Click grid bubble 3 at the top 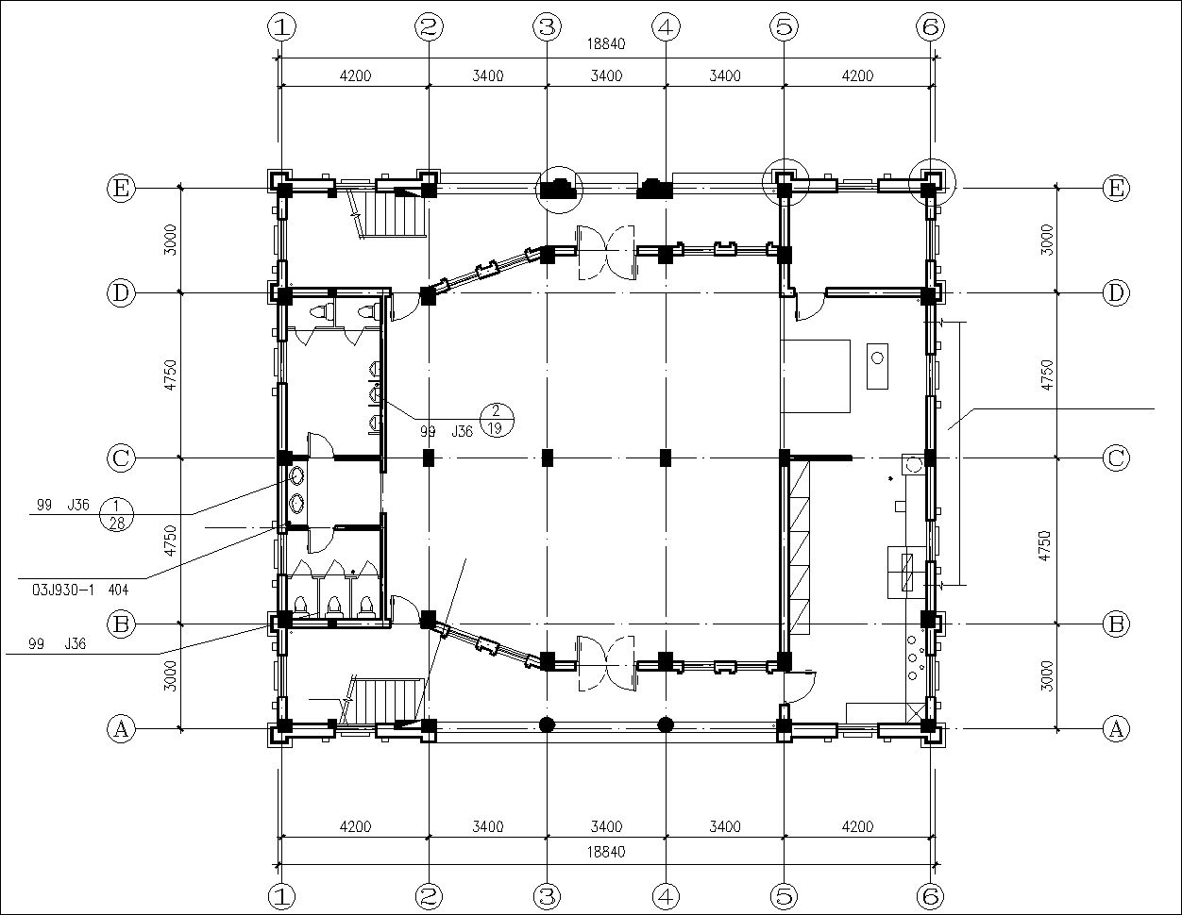coord(547,26)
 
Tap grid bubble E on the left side coord(120,189)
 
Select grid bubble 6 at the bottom coord(930,896)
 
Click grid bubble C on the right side coord(1116,458)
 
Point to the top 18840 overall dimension coord(606,44)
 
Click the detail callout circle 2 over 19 coord(497,420)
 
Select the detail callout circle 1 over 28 coord(116,514)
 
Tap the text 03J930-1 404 coord(80,590)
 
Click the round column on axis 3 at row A coord(547,724)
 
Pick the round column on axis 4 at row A coord(666,724)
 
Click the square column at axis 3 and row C coord(548,458)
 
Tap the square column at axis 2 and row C coord(429,458)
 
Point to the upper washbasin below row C coord(297,475)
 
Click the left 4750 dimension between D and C coord(170,374)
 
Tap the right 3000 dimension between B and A coord(1047,676)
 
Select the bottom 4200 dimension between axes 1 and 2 coord(355,826)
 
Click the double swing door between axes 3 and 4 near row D coord(606,253)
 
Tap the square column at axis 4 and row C coord(666,458)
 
